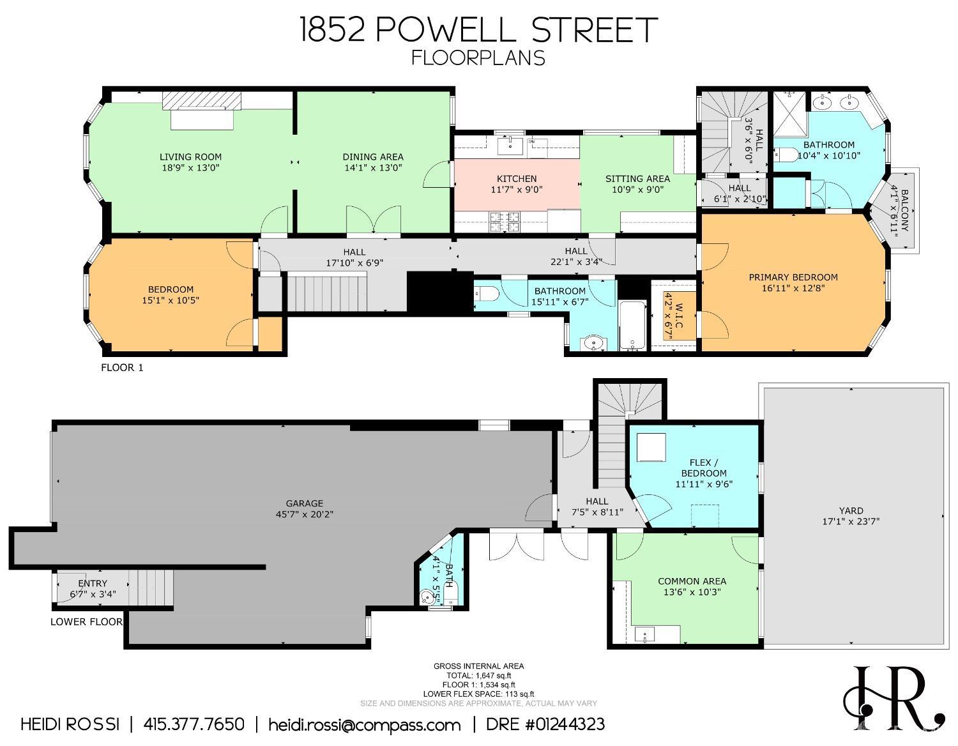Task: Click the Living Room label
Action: pyautogui.click(x=190, y=156)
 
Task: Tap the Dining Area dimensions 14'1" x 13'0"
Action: pyautogui.click(x=372, y=168)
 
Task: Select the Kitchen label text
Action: pyautogui.click(x=517, y=179)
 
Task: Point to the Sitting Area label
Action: pyautogui.click(x=637, y=179)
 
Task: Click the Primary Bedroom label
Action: pyautogui.click(x=793, y=277)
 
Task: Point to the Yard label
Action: pyautogui.click(x=851, y=510)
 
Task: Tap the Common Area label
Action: pyautogui.click(x=692, y=581)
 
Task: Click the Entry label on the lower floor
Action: pyautogui.click(x=93, y=583)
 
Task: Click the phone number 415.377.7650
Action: pyautogui.click(x=194, y=724)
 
